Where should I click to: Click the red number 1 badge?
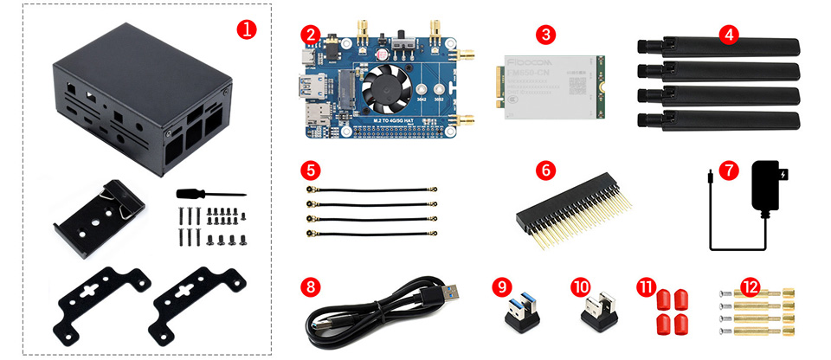(x=247, y=29)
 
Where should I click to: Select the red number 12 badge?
(x=750, y=286)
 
